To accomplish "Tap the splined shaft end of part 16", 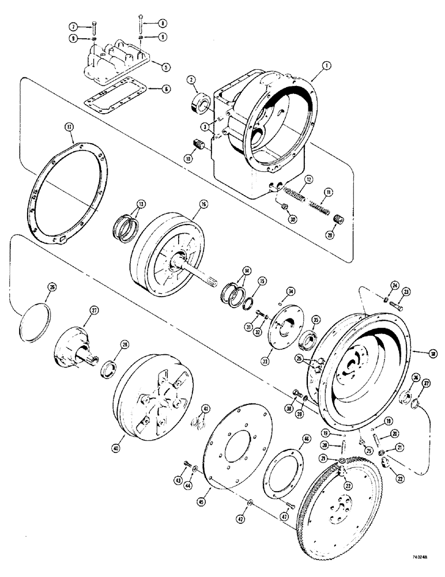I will click(212, 283).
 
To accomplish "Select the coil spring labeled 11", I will click(316, 204).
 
